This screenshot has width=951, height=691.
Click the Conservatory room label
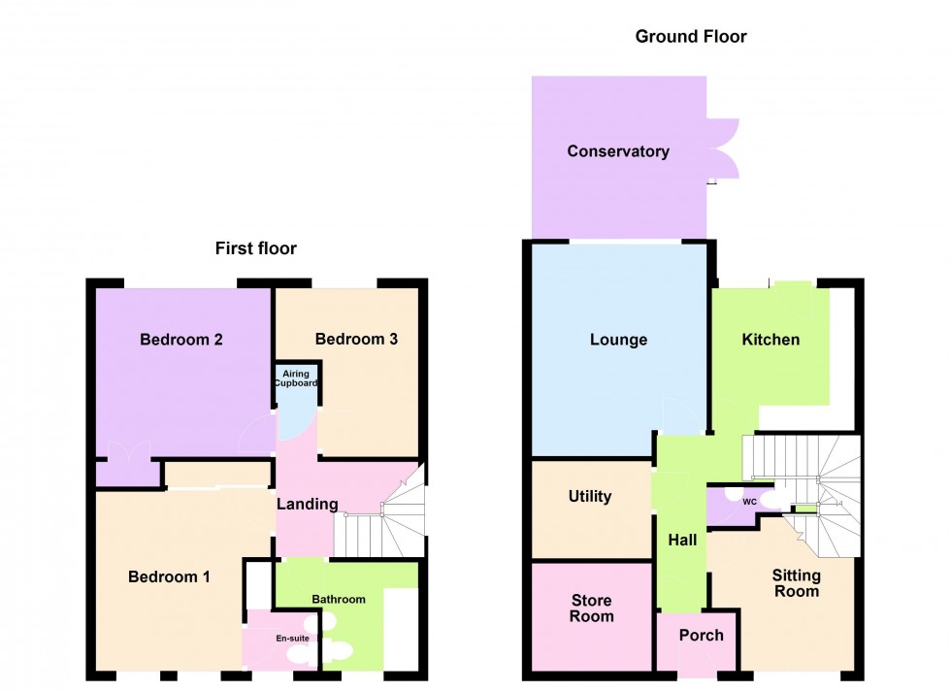click(618, 151)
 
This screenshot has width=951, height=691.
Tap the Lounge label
click(618, 340)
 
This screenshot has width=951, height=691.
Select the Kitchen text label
click(771, 339)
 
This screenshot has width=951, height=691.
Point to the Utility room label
click(589, 496)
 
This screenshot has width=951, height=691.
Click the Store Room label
click(591, 608)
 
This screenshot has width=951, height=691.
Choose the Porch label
click(701, 635)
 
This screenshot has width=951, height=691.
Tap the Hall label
click(682, 540)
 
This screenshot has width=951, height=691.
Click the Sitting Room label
click(796, 583)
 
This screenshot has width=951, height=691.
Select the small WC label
click(749, 502)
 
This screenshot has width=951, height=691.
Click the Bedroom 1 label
click(169, 576)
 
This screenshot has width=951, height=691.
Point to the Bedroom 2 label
click(181, 340)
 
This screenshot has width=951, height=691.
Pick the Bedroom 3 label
click(356, 339)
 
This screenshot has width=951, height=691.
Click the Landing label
click(307, 504)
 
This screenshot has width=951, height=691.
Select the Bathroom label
click(339, 599)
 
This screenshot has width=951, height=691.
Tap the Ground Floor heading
click(690, 37)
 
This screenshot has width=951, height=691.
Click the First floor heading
click(255, 248)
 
